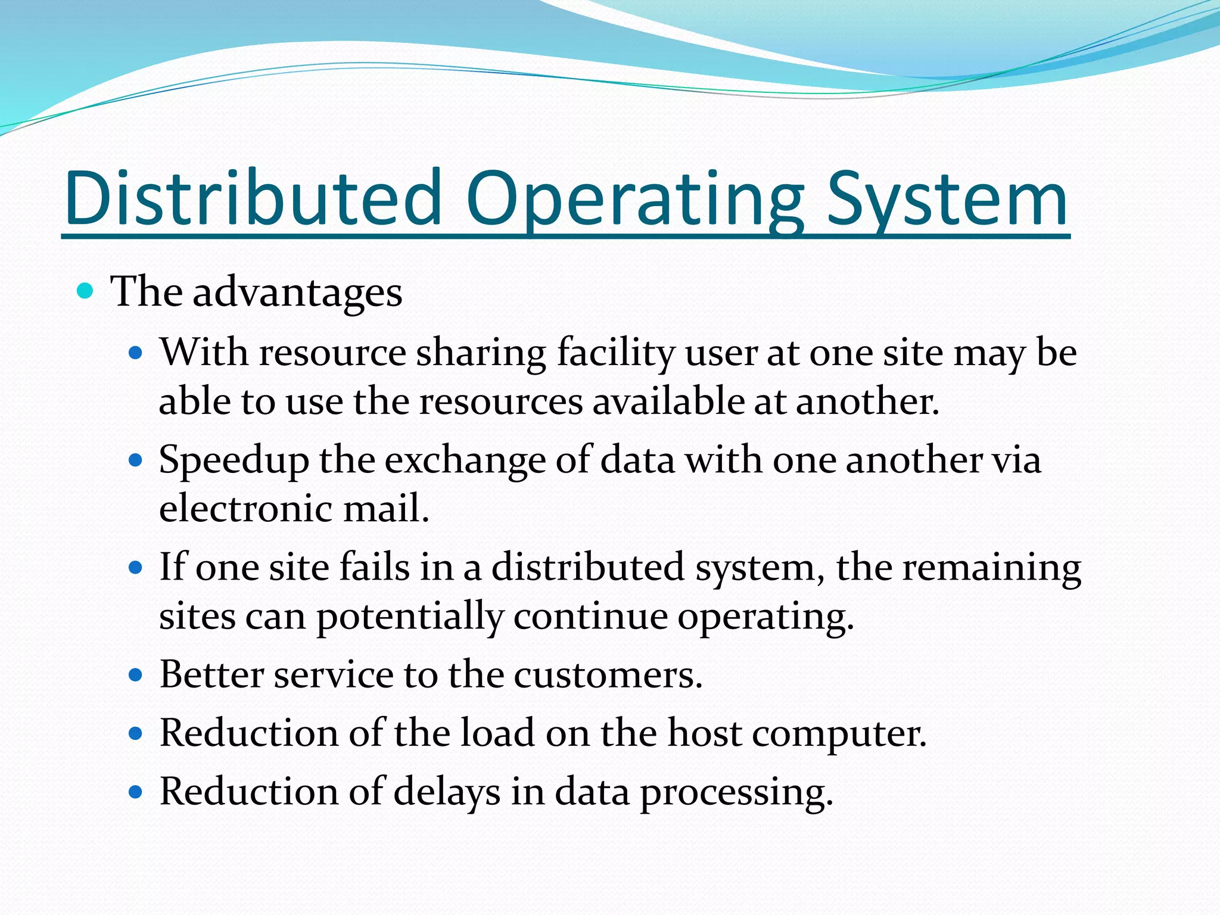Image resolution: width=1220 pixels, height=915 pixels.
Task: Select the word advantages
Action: (297, 292)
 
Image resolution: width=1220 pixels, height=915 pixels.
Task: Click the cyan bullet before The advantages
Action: (86, 291)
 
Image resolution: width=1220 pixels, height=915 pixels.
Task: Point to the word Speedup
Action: (234, 460)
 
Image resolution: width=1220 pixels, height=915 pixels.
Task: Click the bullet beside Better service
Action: (136, 675)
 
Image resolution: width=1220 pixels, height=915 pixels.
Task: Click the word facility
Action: (615, 353)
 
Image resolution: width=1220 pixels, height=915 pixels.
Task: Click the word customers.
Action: (608, 675)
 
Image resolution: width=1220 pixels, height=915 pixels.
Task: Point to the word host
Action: (704, 733)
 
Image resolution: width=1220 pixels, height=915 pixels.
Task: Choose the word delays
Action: (447, 792)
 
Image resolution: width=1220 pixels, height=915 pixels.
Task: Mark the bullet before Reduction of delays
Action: (136, 792)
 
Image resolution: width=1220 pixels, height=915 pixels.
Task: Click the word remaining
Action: (991, 568)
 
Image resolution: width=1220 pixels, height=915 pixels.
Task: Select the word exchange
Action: (465, 460)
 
